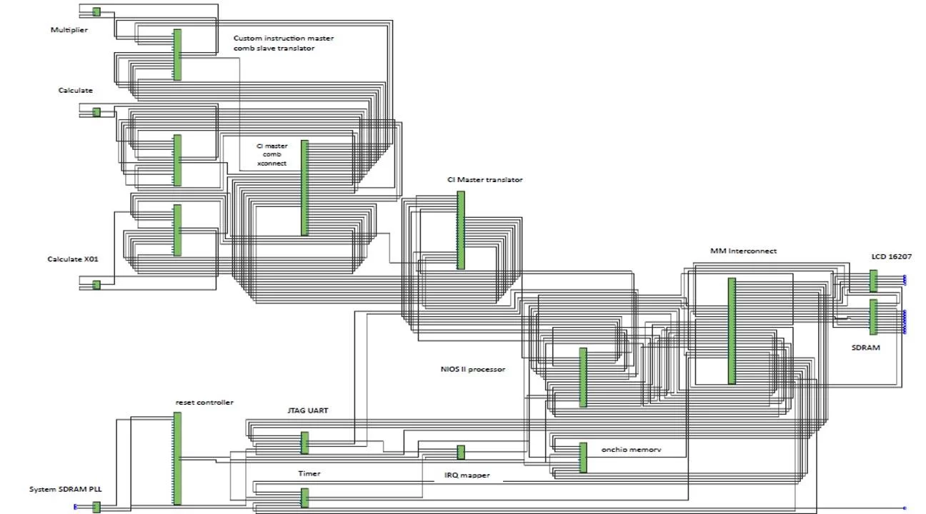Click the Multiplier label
pyautogui.click(x=69, y=30)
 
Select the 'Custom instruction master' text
pyautogui.click(x=283, y=38)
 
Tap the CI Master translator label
pyautogui.click(x=484, y=180)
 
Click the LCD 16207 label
pyautogui.click(x=891, y=256)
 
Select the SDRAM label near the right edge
pyautogui.click(x=866, y=348)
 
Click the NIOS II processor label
pyautogui.click(x=473, y=369)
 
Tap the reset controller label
pyautogui.click(x=204, y=403)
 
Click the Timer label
pyautogui.click(x=309, y=473)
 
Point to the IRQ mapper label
pyautogui.click(x=467, y=475)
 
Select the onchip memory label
pyautogui.click(x=631, y=450)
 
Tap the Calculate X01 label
pyautogui.click(x=72, y=259)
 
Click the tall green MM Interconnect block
pyautogui.click(x=732, y=331)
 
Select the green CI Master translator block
pyautogui.click(x=461, y=230)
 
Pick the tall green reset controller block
pyautogui.click(x=177, y=458)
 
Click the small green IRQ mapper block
pyautogui.click(x=461, y=452)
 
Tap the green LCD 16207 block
pyautogui.click(x=873, y=281)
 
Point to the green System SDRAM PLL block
pyautogui.click(x=96, y=508)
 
